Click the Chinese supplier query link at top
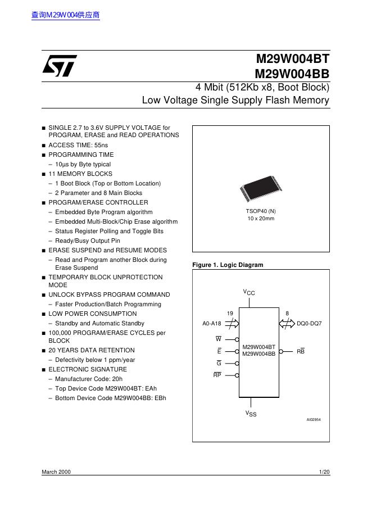pos(66,16)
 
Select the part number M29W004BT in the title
pos(293,58)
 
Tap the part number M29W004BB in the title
pos(292,74)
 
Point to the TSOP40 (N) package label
pos(261,211)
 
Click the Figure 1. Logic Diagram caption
pos(228,265)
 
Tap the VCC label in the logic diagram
pos(249,292)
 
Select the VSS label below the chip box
pos(250,414)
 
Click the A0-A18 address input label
pos(212,324)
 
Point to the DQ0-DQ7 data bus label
pos(309,324)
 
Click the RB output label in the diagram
pos(301,351)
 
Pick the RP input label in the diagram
pos(217,375)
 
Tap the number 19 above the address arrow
pos(230,313)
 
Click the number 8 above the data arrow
pos(287,313)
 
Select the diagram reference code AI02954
pos(314,420)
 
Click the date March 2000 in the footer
pos(56,472)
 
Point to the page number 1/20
pos(324,472)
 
